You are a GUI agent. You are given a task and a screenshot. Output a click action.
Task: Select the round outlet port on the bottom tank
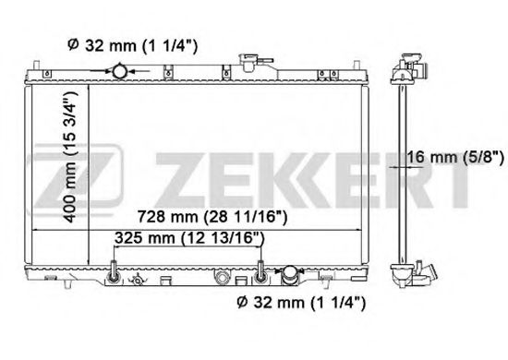click(289, 274)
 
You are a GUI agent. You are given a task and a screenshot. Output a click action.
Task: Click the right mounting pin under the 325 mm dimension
click(263, 271)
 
